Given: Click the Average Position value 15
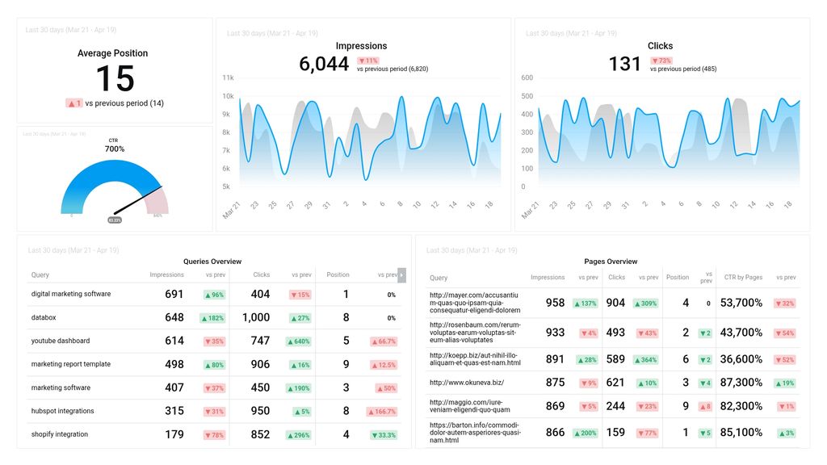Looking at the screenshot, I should pyautogui.click(x=114, y=79).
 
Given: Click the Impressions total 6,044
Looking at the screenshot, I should pyautogui.click(x=324, y=64).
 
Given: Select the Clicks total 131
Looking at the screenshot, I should pyautogui.click(x=624, y=64).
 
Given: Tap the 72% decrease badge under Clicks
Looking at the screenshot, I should pyautogui.click(x=661, y=61).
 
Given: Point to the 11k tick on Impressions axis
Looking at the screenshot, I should pyautogui.click(x=228, y=77).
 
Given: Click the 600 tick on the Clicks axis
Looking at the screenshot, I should pyautogui.click(x=527, y=77).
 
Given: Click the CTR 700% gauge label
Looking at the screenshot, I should pyautogui.click(x=115, y=149).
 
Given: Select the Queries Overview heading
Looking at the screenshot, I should pyautogui.click(x=212, y=262).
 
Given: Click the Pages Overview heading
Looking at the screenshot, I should pyautogui.click(x=611, y=262).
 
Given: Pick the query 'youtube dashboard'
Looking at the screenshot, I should pyautogui.click(x=61, y=341).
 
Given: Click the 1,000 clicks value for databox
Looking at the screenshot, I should pyautogui.click(x=256, y=317).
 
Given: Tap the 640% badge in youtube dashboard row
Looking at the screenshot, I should pyautogui.click(x=300, y=341).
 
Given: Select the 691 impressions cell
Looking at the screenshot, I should pyautogui.click(x=174, y=294).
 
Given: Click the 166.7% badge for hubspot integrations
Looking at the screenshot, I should pyautogui.click(x=384, y=411).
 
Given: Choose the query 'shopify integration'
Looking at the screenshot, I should pyautogui.click(x=60, y=434).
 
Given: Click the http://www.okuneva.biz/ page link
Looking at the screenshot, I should pyautogui.click(x=466, y=382).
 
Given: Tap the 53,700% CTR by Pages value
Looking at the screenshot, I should pyautogui.click(x=741, y=303).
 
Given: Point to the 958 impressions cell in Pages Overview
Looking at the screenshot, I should pyautogui.click(x=555, y=303).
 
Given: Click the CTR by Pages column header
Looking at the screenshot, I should pyautogui.click(x=743, y=277).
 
